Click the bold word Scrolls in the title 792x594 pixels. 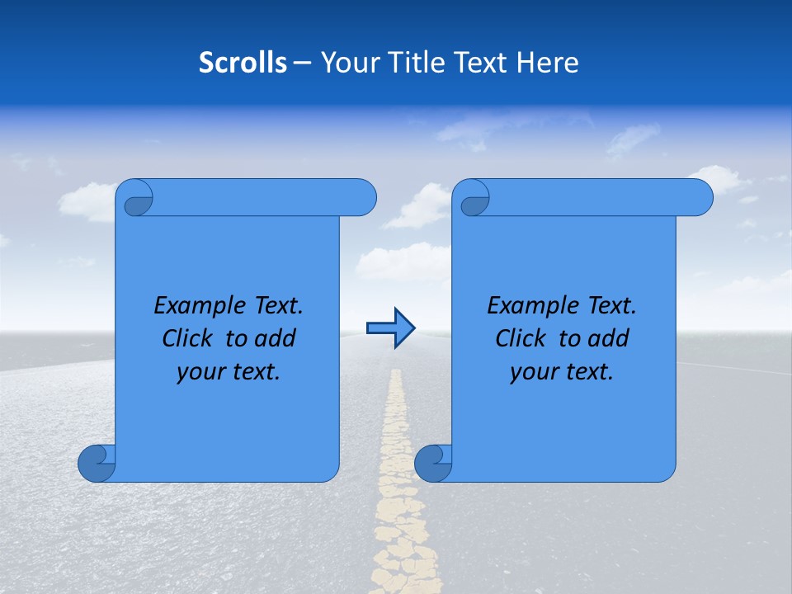click(243, 63)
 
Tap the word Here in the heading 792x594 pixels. click(548, 63)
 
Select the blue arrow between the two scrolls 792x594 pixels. click(390, 328)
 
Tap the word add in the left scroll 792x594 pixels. click(276, 338)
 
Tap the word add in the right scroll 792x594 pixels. click(609, 338)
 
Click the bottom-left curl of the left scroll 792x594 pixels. click(97, 463)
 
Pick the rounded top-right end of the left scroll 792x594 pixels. click(363, 197)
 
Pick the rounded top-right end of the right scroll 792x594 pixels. click(700, 197)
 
